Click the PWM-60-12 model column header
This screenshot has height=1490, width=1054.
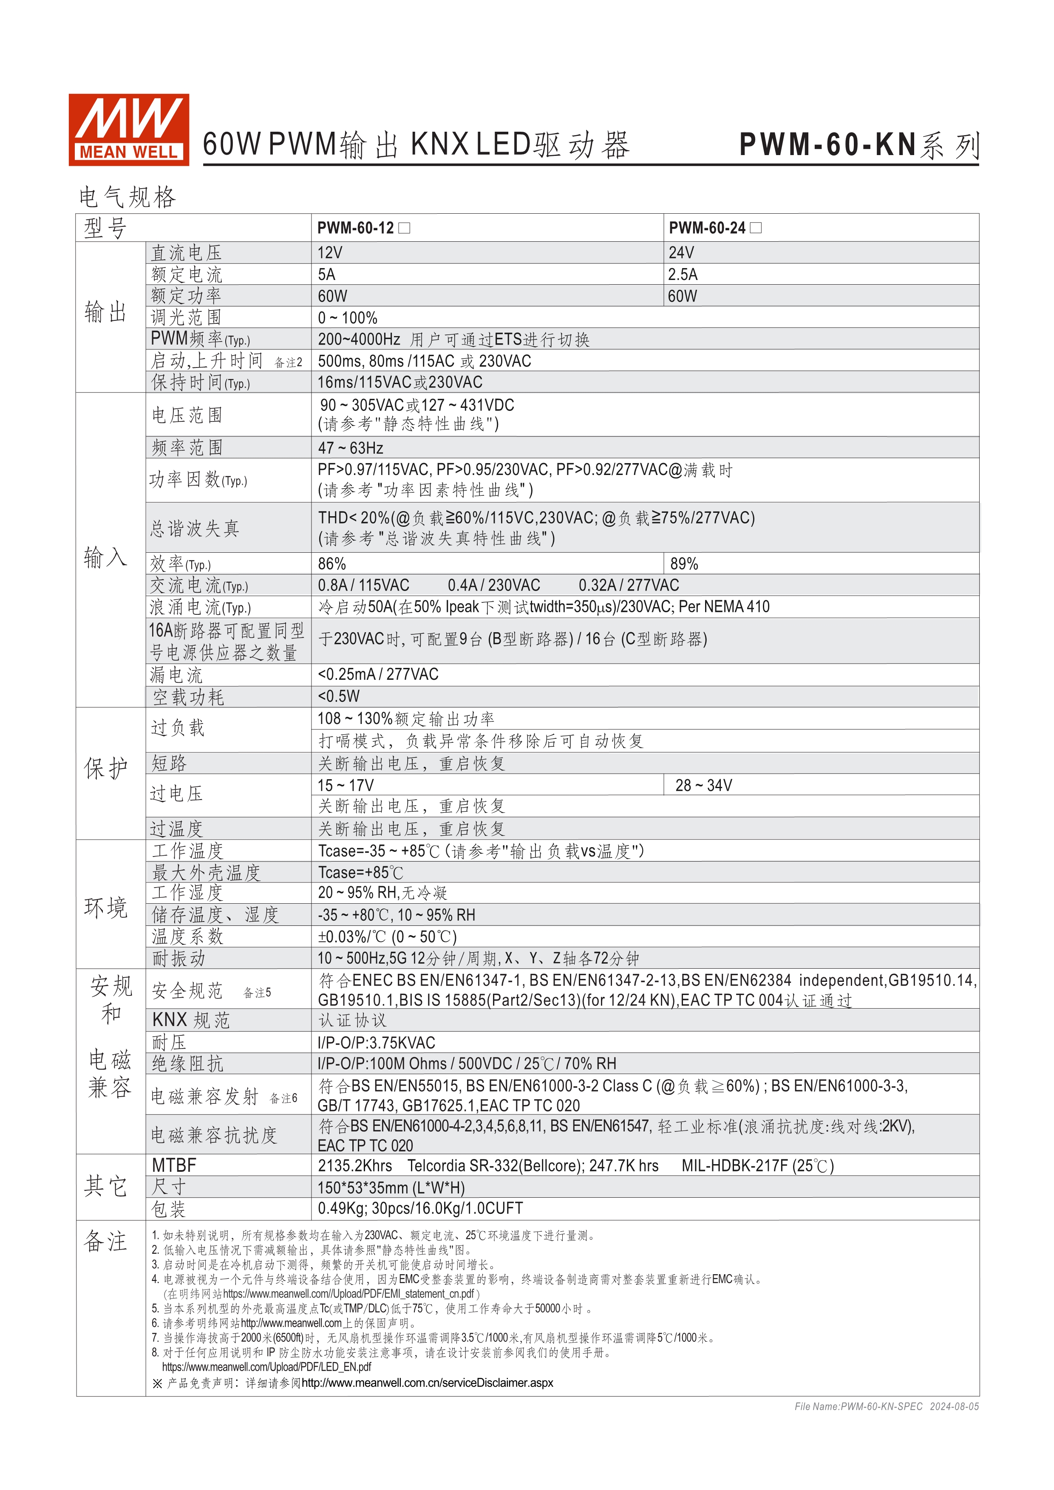[356, 228]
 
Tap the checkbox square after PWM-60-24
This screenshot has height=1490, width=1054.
[756, 228]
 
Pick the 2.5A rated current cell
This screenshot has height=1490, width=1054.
[683, 274]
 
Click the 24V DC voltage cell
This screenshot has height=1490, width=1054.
[681, 252]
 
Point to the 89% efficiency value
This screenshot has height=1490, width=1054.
[684, 563]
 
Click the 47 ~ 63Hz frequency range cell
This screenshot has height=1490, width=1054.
[351, 448]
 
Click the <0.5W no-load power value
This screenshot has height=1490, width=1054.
[338, 696]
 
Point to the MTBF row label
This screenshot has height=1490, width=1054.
[174, 1165]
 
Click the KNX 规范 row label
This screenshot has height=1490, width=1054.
[191, 1020]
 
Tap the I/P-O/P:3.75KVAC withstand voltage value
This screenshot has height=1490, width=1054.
[377, 1042]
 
